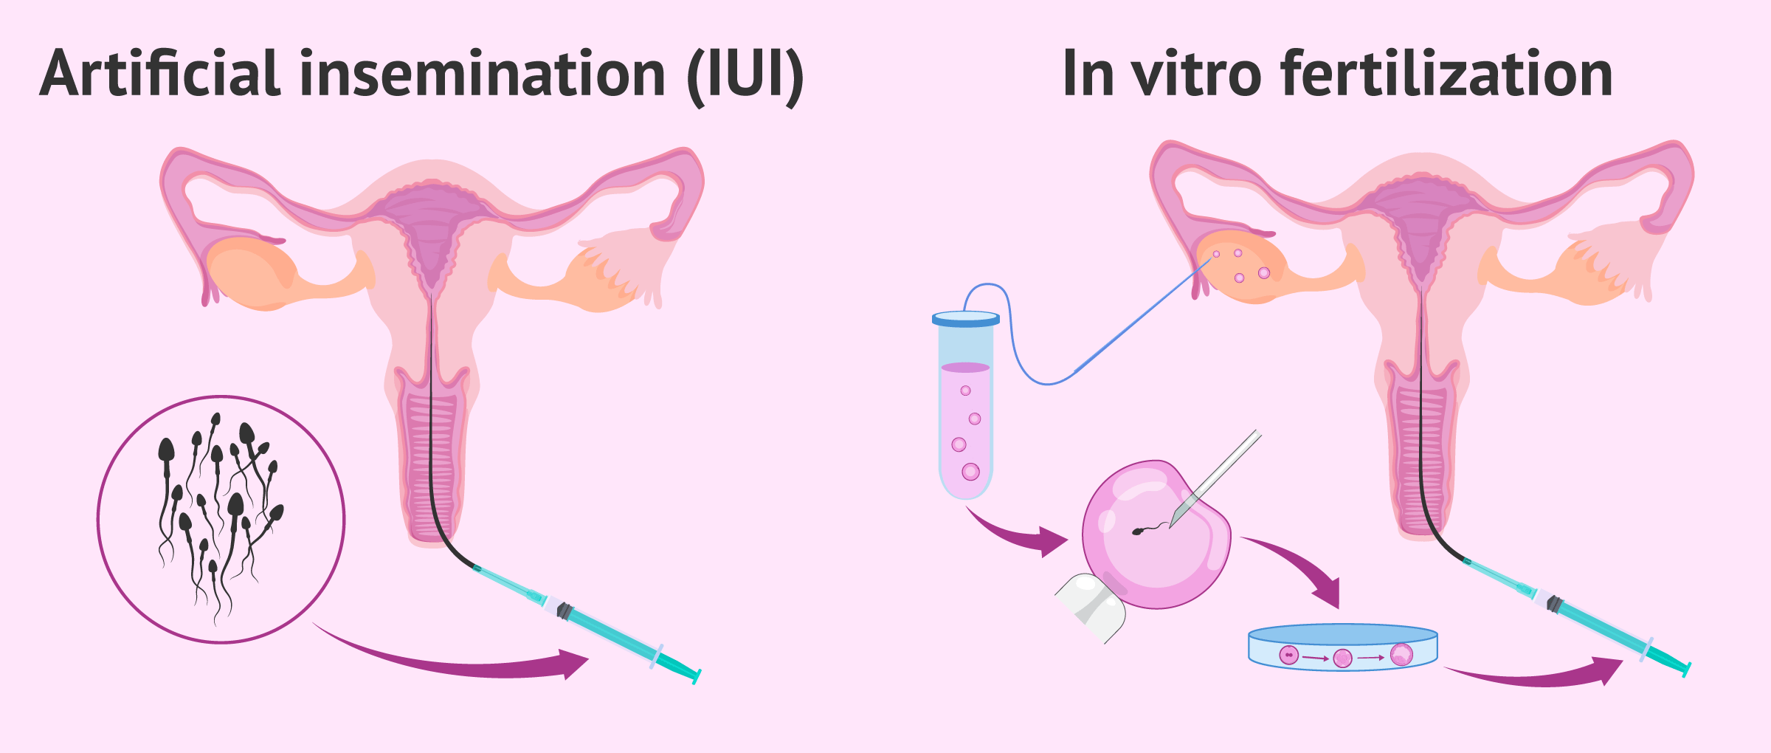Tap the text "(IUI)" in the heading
tap(745, 75)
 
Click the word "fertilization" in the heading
tap(1446, 74)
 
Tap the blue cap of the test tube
tap(965, 319)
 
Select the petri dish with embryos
tap(1342, 647)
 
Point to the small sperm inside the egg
tap(1141, 531)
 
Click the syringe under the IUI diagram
tap(605, 627)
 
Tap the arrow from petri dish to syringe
tap(1535, 675)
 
